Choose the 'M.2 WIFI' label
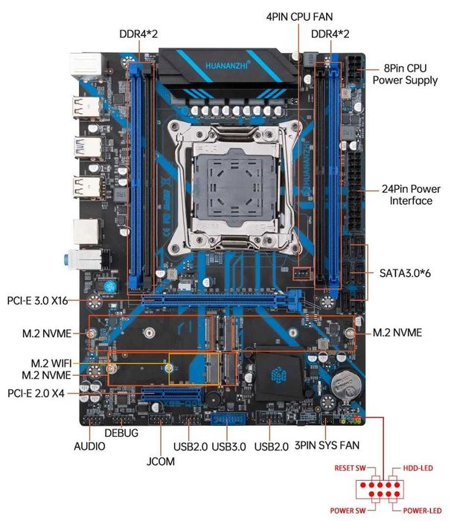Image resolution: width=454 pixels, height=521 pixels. (54, 362)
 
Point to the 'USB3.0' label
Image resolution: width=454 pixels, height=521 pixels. (229, 447)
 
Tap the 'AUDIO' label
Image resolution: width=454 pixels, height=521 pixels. (89, 447)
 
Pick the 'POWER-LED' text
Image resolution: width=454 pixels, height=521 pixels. (422, 511)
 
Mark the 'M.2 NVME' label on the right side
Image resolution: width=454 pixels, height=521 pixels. (397, 332)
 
